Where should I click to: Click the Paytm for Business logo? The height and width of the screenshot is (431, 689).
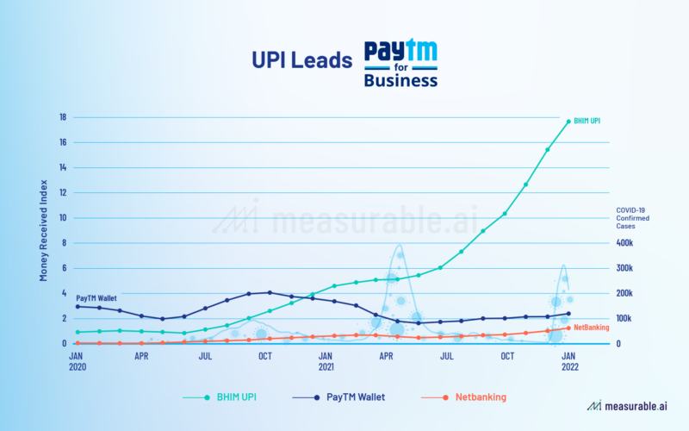[x=400, y=63]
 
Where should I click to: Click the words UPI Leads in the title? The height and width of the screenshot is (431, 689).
[x=301, y=61]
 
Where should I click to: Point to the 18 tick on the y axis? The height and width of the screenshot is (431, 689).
[x=63, y=117]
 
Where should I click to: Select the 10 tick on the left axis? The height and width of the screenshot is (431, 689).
[x=63, y=217]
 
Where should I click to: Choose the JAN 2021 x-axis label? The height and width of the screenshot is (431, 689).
[x=326, y=359]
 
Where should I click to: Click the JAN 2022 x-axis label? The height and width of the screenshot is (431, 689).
[x=569, y=359]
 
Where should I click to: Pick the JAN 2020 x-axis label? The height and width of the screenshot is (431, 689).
[x=77, y=359]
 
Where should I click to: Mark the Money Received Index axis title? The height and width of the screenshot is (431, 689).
[x=43, y=231]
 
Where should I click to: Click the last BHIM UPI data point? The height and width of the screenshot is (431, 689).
[x=568, y=122]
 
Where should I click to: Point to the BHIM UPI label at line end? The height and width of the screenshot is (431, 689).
[x=589, y=122]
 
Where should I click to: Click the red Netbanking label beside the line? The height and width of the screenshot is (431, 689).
[x=591, y=328]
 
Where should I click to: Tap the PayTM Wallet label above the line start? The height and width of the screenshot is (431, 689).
[x=96, y=297]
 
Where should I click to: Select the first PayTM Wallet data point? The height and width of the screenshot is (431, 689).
[x=78, y=306]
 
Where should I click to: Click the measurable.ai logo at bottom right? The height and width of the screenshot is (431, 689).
[x=626, y=405]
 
